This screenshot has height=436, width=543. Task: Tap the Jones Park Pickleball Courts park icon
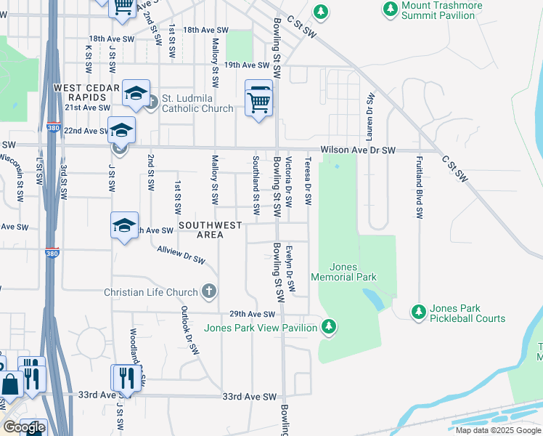click(x=418, y=312)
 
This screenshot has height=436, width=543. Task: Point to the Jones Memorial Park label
click(x=343, y=272)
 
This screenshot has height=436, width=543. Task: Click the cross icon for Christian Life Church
click(x=209, y=292)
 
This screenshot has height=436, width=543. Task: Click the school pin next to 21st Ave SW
click(x=136, y=94)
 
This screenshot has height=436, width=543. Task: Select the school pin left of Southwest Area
click(x=125, y=225)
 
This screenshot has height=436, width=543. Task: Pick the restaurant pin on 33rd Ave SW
click(x=126, y=378)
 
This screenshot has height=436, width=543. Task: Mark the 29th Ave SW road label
click(x=253, y=314)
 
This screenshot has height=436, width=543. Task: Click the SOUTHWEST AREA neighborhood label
click(x=211, y=230)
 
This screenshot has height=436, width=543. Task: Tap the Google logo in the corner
click(x=24, y=427)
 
